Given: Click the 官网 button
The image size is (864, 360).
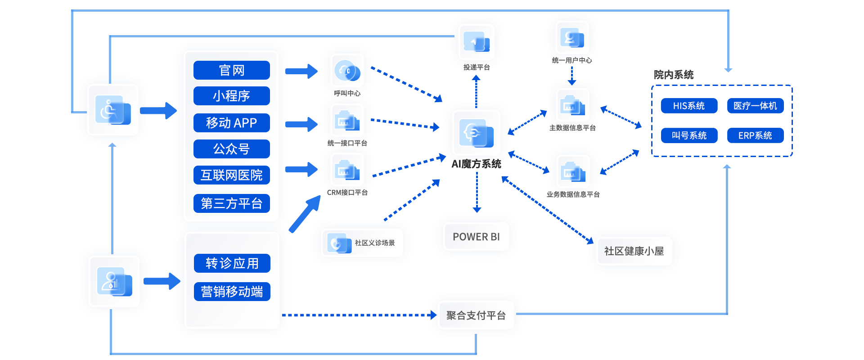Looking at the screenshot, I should pos(231,70).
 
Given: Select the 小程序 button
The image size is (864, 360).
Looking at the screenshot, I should pos(231,96).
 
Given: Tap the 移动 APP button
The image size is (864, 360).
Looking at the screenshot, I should pos(231,122).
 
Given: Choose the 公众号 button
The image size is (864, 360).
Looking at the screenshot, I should pos(231,149).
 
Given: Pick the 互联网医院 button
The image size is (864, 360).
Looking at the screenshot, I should pos(231,175).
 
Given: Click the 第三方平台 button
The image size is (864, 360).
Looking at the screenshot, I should pos(231,203).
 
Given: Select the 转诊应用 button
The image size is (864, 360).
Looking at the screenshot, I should pos(232,263).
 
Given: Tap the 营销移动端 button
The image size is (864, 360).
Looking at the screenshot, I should pos(232,292).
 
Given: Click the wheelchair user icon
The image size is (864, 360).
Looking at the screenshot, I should pos(112,110).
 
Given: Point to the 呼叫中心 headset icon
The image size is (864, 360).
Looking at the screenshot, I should pos(347,71).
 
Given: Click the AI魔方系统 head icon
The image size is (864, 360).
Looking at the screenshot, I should pos(476,133).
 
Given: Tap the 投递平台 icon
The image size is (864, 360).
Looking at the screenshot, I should pos(476,42).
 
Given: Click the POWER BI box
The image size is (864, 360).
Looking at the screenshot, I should pos(476,237).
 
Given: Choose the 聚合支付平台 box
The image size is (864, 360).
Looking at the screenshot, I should pos(476,315).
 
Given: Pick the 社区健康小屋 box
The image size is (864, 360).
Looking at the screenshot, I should pos(634,251).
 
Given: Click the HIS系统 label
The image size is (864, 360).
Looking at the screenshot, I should pos(688,106).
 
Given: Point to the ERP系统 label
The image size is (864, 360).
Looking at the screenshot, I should pos(755,135).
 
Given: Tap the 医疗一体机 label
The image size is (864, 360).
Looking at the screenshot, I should pos(755,106).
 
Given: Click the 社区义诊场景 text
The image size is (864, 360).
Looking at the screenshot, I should pos(374,243).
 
